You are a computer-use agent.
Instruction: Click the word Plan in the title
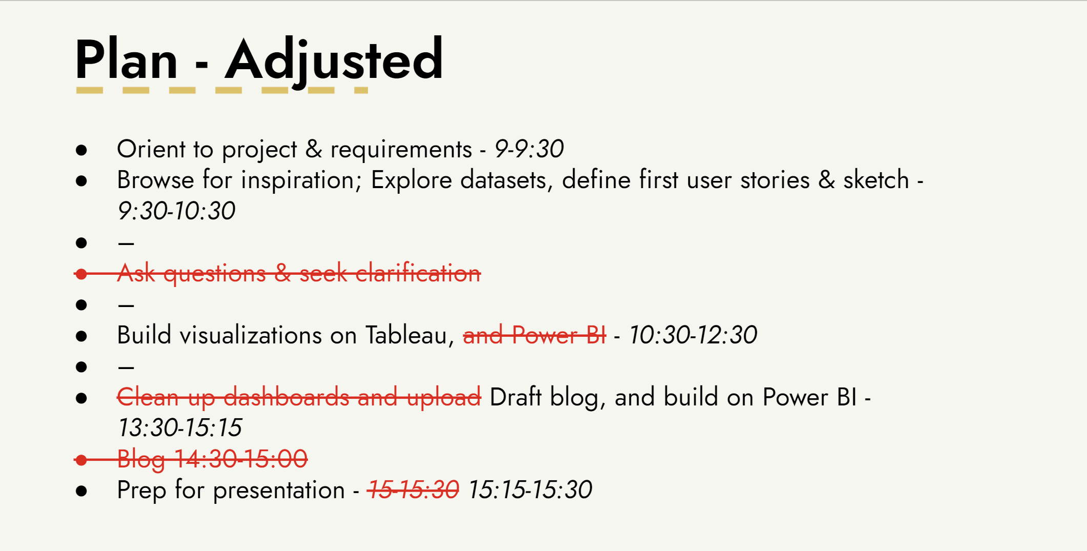point(127,60)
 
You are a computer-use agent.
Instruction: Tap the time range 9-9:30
point(529,149)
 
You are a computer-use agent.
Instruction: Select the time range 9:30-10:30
point(176,211)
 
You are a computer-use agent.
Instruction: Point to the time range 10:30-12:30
point(693,335)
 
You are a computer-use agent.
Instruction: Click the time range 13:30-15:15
point(179,427)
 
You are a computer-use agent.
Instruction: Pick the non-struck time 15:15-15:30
point(530,489)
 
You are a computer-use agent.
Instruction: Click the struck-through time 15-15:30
point(413,489)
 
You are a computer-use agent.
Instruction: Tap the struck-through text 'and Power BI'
point(535,335)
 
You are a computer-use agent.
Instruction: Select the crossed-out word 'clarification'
point(418,273)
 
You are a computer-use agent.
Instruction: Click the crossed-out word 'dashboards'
point(286,397)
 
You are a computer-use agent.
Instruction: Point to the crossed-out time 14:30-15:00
point(241,459)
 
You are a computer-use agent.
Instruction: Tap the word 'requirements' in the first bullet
point(401,150)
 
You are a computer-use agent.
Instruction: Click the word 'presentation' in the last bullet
point(279,491)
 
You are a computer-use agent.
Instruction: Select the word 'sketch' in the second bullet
point(876,180)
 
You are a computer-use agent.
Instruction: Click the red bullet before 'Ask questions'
point(81,274)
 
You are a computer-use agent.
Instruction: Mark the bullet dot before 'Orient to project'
point(81,150)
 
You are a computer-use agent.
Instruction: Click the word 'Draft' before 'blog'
point(516,397)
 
